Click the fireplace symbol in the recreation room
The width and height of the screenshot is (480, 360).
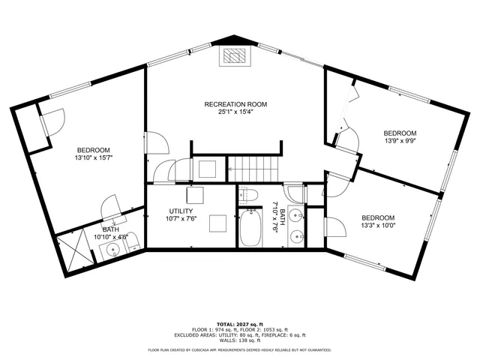(233, 56)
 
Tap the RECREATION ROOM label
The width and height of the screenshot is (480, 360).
(236, 104)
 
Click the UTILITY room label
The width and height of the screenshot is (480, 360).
(181, 211)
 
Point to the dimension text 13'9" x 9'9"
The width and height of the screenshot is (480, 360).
(400, 141)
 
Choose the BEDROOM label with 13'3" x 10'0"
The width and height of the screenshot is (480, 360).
(378, 216)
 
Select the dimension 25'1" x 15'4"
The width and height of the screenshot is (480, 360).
(236, 112)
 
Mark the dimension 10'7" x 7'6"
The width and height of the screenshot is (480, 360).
(181, 220)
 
